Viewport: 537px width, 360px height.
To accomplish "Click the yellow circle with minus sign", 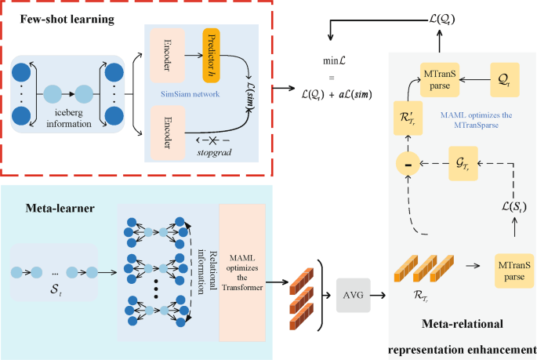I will [x=407, y=163].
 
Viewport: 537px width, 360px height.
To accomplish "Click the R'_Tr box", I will [x=407, y=119].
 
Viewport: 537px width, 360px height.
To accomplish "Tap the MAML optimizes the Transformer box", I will [x=242, y=272].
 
